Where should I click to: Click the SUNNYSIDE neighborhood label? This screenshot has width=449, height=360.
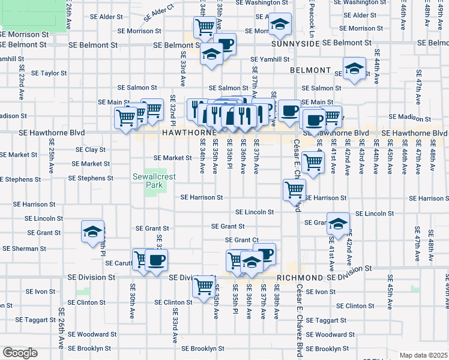click(x=292, y=44)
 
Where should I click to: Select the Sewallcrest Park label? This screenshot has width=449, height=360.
click(x=147, y=181)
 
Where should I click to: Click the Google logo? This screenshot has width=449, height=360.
click(x=19, y=353)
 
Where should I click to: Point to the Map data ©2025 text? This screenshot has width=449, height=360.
click(x=423, y=355)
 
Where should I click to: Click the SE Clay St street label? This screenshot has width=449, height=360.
click(x=91, y=149)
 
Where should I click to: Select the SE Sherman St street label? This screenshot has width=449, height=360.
click(x=24, y=248)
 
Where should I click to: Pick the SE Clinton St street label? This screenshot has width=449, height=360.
click(x=173, y=302)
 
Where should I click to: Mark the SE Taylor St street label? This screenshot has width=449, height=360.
click(x=49, y=73)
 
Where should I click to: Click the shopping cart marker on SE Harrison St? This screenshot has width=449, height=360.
click(x=294, y=190)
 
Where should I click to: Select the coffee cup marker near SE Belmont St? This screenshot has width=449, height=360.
click(x=226, y=44)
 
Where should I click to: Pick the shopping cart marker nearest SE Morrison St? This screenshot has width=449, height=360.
click(x=205, y=27)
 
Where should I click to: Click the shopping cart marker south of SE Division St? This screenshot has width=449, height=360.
click(x=204, y=286)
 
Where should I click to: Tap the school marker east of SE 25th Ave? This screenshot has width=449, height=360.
click(x=93, y=233)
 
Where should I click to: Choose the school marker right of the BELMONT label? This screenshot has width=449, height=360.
click(x=354, y=68)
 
